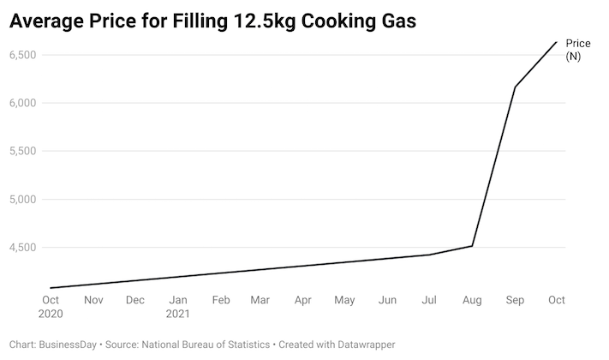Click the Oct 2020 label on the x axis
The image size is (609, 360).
[51, 307]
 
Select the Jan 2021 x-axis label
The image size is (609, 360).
[178, 307]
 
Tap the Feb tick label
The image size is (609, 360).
[221, 301]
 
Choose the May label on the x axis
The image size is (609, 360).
[344, 301]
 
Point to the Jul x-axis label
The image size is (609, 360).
[430, 301]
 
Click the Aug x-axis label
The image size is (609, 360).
[472, 301]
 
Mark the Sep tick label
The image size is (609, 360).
[515, 301]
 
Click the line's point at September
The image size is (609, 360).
[515, 87]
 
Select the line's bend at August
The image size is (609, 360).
[473, 246]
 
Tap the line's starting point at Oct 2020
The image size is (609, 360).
[51, 288]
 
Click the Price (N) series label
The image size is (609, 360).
[578, 50]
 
